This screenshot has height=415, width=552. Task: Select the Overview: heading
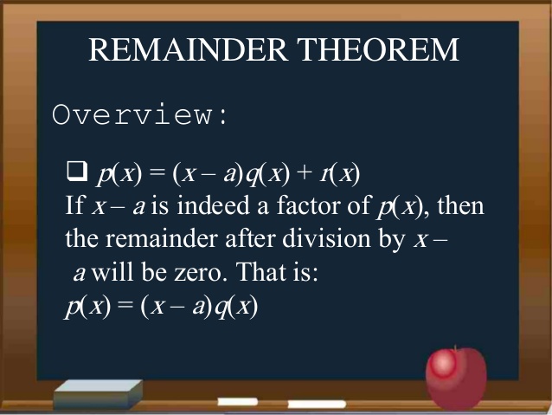point(141,115)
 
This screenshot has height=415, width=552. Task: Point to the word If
point(74,208)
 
